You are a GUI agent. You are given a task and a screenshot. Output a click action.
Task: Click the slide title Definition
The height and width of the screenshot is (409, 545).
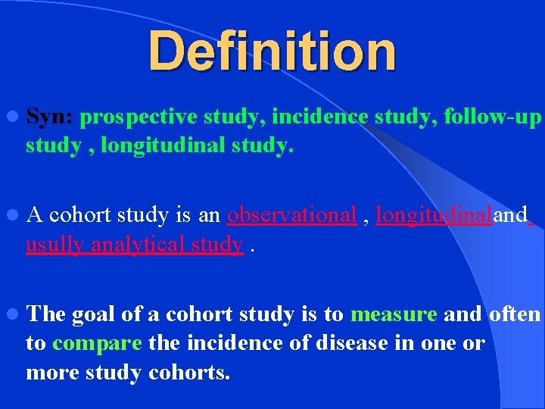272,52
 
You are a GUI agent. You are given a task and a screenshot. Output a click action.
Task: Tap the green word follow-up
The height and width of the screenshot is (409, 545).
493,118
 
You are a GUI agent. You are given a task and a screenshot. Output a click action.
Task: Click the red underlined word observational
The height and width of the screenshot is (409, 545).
291,216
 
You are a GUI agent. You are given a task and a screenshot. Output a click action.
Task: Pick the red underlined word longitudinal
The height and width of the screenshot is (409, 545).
434,216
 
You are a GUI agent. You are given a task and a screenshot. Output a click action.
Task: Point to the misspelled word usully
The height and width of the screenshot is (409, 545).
55,245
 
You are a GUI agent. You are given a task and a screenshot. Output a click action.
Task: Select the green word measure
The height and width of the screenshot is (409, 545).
394,314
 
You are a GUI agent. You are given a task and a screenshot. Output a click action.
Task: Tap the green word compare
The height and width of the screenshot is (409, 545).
97,343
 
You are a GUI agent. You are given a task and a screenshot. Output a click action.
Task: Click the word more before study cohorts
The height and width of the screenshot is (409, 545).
48,372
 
